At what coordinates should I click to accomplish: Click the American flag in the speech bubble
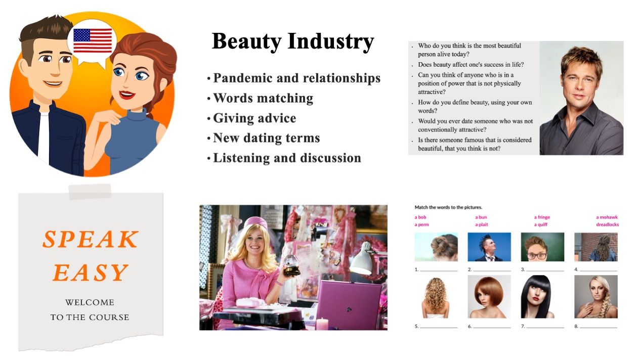coord(93,41)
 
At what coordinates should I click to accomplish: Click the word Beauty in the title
coord(247,41)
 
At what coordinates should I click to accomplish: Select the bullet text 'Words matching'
coord(263,98)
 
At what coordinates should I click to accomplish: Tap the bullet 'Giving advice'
coord(254,118)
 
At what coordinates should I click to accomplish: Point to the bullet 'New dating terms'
coord(267,138)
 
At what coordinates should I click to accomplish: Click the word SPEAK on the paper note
coord(91,239)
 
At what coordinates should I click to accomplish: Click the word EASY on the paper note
coord(91,273)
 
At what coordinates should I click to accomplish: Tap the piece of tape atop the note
coord(90,192)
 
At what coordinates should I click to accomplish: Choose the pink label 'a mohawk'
coord(607,217)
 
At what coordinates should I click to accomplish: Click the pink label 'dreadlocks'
coord(608,224)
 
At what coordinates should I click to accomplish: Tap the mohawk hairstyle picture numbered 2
coord(489,247)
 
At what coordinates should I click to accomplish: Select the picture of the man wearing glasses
coord(542,247)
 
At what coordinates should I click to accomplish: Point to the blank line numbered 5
coord(439,328)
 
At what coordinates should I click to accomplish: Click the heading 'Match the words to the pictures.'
coord(448,207)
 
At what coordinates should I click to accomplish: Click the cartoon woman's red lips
coord(126,95)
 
